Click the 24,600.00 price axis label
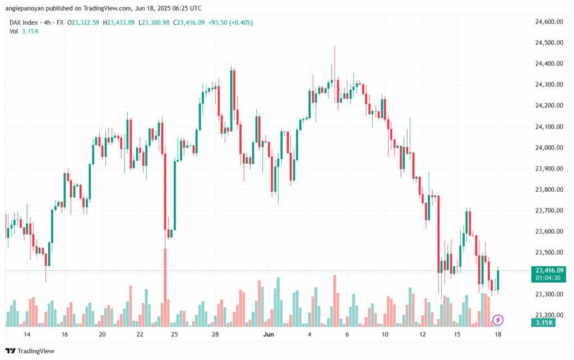coord(549,21)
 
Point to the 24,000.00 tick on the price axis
coord(549,147)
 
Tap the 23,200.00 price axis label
coord(549,315)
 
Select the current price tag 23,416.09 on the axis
coord(549,270)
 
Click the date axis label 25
coord(175,334)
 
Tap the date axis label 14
coord(26,334)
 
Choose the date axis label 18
coord(498,334)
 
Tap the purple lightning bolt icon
coord(498,320)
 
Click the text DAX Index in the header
coord(24,22)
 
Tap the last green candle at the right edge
coord(498,280)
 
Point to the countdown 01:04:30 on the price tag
coord(549,277)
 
